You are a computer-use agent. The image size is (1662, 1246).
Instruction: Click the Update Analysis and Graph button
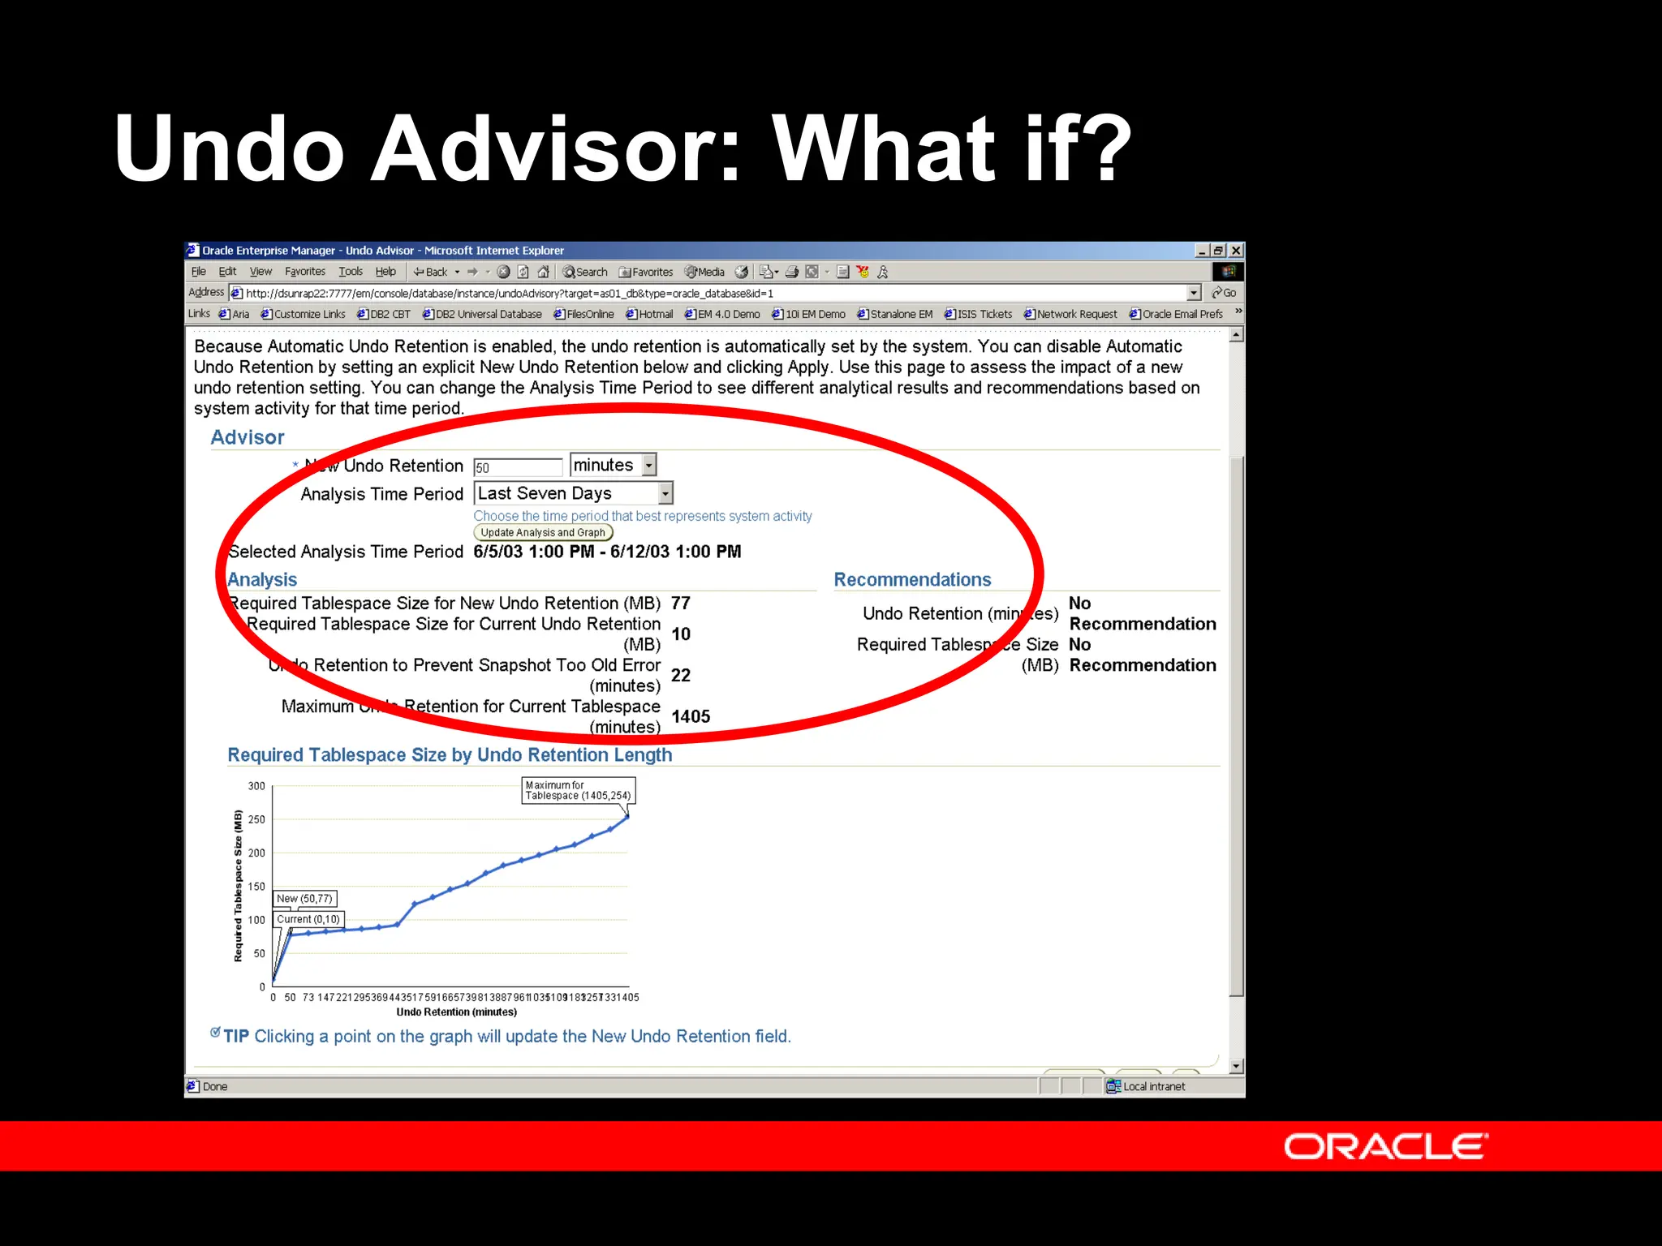542,533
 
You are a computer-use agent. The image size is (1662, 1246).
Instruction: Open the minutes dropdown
648,465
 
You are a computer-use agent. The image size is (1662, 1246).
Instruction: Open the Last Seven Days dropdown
665,493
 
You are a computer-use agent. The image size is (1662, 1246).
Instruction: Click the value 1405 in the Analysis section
691,716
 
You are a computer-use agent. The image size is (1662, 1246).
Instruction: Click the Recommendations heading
912,580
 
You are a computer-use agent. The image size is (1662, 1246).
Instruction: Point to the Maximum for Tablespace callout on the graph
577,790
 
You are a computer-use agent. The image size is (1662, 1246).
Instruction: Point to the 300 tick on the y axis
256,786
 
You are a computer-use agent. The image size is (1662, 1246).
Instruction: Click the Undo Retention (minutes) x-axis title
456,1012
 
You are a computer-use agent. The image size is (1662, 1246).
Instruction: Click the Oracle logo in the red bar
1385,1146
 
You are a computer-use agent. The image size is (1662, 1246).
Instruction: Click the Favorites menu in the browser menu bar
304,272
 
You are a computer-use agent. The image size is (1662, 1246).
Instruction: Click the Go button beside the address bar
1224,293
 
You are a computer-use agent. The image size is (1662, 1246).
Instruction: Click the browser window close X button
1235,251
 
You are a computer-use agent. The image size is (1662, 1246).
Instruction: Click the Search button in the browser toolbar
585,272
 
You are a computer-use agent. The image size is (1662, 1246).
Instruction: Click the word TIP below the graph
236,1037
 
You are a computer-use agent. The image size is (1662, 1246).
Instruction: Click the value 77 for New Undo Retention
680,604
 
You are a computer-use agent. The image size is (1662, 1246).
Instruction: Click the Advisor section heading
248,438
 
